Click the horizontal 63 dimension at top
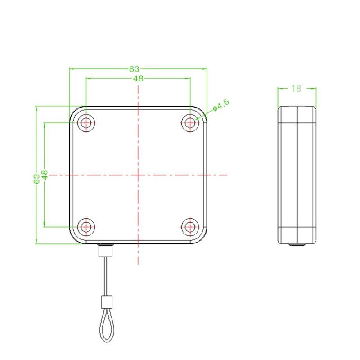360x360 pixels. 134,69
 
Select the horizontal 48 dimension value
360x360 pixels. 138,78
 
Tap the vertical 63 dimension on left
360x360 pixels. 36,179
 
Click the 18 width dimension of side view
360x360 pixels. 296,88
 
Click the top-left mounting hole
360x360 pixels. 86,122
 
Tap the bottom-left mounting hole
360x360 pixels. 86,226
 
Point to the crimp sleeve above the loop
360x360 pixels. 106,300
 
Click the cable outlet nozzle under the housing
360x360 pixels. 106,250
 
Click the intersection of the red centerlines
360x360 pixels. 138,175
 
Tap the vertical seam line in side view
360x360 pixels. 297,175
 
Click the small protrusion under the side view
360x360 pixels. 297,245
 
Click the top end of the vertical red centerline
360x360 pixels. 138,85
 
